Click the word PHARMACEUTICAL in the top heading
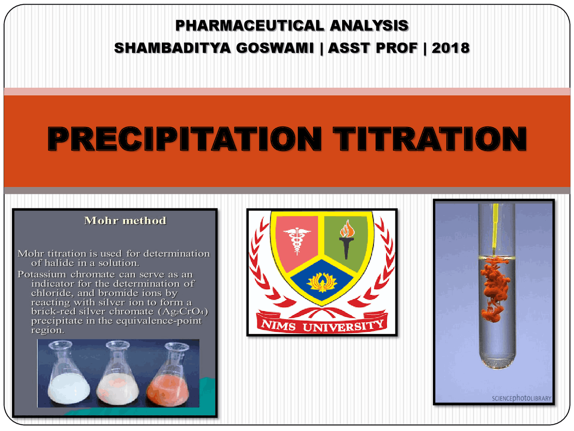[249, 26]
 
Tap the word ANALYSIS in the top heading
[369, 26]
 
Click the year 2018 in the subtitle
[451, 48]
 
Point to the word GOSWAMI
[275, 48]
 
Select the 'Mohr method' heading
[125, 220]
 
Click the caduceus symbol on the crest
[296, 240]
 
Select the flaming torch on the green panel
[347, 238]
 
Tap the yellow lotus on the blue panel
[322, 282]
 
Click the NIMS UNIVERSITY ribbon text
[322, 325]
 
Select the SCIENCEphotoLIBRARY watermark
[521, 398]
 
